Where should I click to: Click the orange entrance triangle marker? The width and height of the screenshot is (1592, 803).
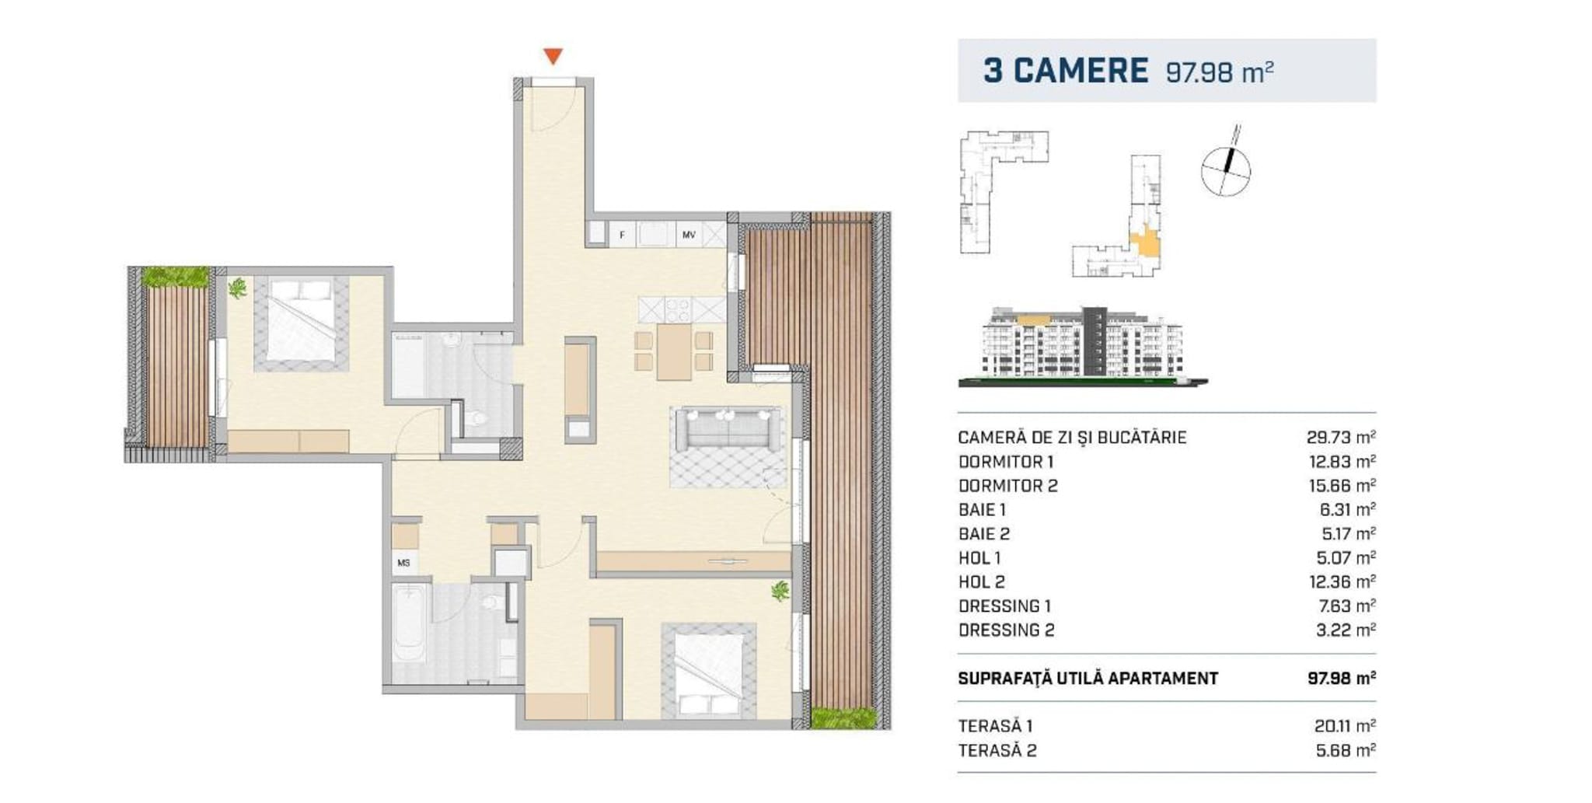(x=553, y=56)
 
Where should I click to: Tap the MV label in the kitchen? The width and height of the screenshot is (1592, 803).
(x=689, y=234)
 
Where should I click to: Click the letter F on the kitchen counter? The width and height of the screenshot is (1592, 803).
(x=622, y=234)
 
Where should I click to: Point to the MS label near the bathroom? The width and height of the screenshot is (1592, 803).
(x=403, y=563)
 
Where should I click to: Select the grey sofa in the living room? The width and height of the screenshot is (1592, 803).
(x=728, y=429)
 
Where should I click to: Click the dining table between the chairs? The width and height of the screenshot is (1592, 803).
(x=674, y=351)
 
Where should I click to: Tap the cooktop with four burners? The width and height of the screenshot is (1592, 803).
(x=676, y=310)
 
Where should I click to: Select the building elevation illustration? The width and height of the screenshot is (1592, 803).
(x=1083, y=346)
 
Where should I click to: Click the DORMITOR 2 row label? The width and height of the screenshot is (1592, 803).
(x=1008, y=486)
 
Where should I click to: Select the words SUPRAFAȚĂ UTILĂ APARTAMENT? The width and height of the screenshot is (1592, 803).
(x=1088, y=679)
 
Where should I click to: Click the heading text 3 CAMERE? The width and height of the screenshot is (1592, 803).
(x=1066, y=70)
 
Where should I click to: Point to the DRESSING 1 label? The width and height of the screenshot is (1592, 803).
(x=1005, y=606)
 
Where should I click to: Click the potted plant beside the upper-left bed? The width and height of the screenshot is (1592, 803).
(x=237, y=288)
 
